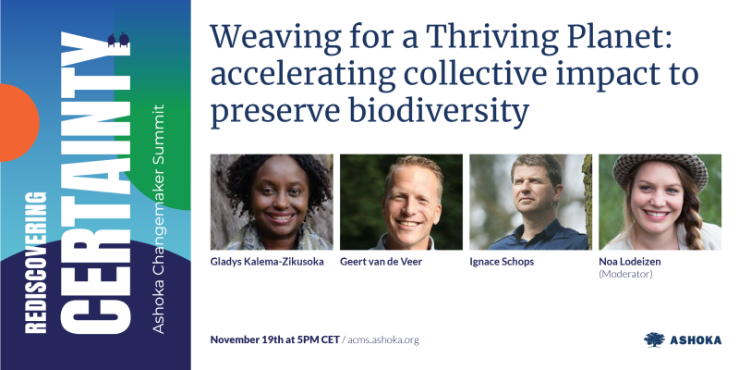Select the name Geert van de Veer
click(x=382, y=263)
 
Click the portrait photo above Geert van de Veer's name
click(x=401, y=202)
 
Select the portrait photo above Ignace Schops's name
click(x=530, y=202)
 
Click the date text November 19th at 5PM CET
click(x=274, y=339)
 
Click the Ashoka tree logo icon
click(x=654, y=339)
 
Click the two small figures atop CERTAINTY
click(x=118, y=39)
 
